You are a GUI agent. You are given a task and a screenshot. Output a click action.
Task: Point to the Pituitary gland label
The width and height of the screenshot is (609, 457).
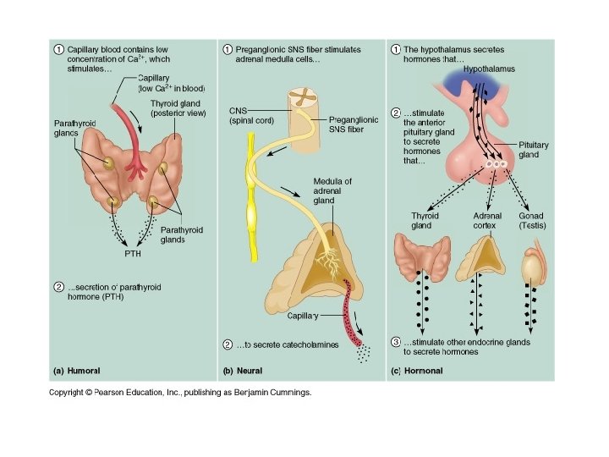pyautogui.click(x=534, y=150)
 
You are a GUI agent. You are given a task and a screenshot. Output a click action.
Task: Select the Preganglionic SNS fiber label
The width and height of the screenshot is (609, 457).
pyautogui.click(x=354, y=124)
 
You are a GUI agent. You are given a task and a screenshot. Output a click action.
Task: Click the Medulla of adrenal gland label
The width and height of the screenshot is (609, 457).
pyautogui.click(x=332, y=191)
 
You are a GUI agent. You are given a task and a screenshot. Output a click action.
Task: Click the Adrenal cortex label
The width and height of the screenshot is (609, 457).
pyautogui.click(x=487, y=221)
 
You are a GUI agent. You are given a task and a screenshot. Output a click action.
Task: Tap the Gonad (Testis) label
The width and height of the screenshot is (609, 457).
pyautogui.click(x=531, y=221)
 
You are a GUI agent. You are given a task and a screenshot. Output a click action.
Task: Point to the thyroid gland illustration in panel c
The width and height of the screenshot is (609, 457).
pyautogui.click(x=421, y=257)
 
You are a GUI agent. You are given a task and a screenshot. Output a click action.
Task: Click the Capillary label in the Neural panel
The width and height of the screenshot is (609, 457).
pyautogui.click(x=301, y=315)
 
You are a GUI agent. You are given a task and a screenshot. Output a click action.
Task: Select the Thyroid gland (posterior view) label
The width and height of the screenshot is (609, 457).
pyautogui.click(x=178, y=108)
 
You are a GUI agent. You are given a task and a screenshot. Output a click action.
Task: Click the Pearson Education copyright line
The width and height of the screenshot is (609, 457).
pyautogui.click(x=180, y=393)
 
